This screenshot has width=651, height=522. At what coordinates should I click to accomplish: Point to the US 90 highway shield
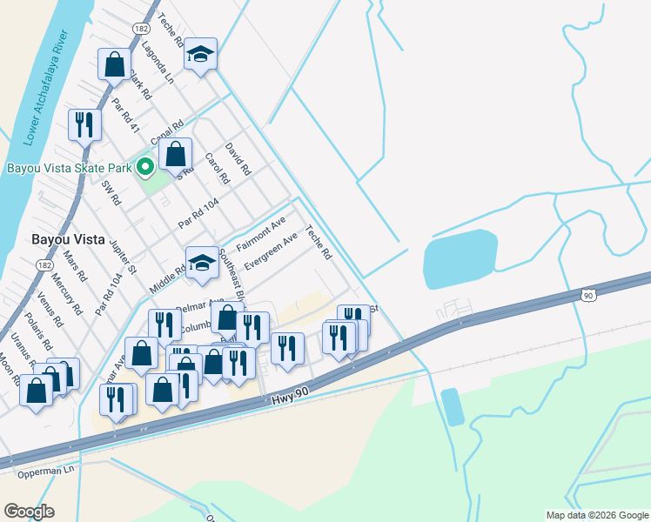[589, 296]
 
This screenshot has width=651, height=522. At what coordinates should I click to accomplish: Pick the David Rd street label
[237, 159]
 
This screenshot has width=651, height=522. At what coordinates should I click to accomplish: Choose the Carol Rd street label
[216, 169]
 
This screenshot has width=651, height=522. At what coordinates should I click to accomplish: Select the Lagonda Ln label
[159, 62]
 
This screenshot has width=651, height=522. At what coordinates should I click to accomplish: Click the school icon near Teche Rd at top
[200, 55]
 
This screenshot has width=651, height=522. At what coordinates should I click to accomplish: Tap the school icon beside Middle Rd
[201, 263]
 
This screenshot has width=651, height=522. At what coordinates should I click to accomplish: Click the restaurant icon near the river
[84, 124]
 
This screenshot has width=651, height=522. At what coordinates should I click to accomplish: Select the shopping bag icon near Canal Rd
[176, 155]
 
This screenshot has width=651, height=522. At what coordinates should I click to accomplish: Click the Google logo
[29, 512]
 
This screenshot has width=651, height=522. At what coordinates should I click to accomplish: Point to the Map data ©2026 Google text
[597, 515]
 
